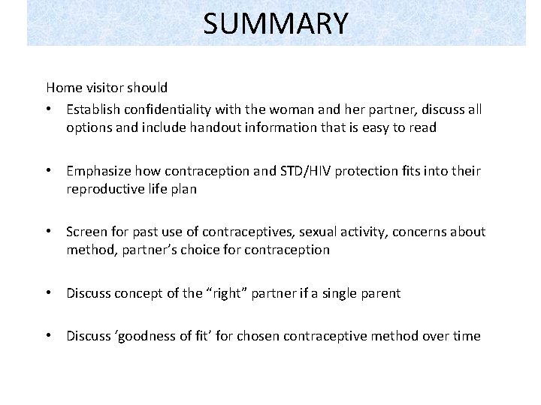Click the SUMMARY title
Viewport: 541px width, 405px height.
coord(276,24)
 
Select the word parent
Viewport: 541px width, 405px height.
coord(379,293)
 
